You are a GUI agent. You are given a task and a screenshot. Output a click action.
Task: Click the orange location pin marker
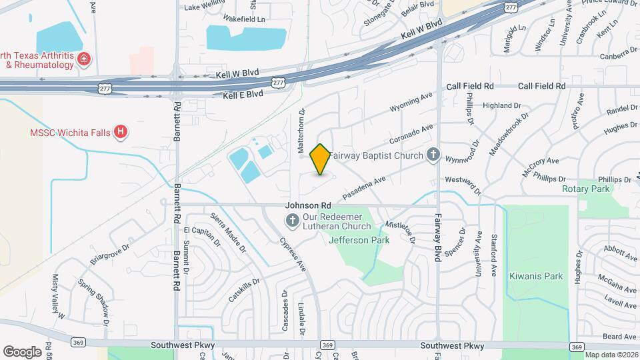321,159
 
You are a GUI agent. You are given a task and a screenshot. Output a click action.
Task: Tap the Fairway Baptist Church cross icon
433,155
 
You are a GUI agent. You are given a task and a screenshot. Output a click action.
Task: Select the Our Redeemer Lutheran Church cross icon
292,221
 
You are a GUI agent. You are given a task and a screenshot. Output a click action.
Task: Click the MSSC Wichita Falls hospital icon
120,132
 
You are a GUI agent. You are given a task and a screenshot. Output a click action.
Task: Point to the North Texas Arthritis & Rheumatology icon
84,59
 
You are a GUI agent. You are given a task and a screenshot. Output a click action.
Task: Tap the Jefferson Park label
359,240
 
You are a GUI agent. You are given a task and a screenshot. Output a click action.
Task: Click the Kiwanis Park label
536,276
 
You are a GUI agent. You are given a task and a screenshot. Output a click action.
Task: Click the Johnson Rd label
308,206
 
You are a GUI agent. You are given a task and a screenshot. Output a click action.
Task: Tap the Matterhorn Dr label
301,129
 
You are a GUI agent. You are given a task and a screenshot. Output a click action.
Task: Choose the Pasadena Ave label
364,188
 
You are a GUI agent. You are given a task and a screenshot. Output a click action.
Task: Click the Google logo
23,352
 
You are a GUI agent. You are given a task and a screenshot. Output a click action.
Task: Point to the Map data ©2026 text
611,355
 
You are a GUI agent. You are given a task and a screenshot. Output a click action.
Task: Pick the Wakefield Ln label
244,19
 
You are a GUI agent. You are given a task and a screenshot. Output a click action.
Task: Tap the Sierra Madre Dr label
228,232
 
